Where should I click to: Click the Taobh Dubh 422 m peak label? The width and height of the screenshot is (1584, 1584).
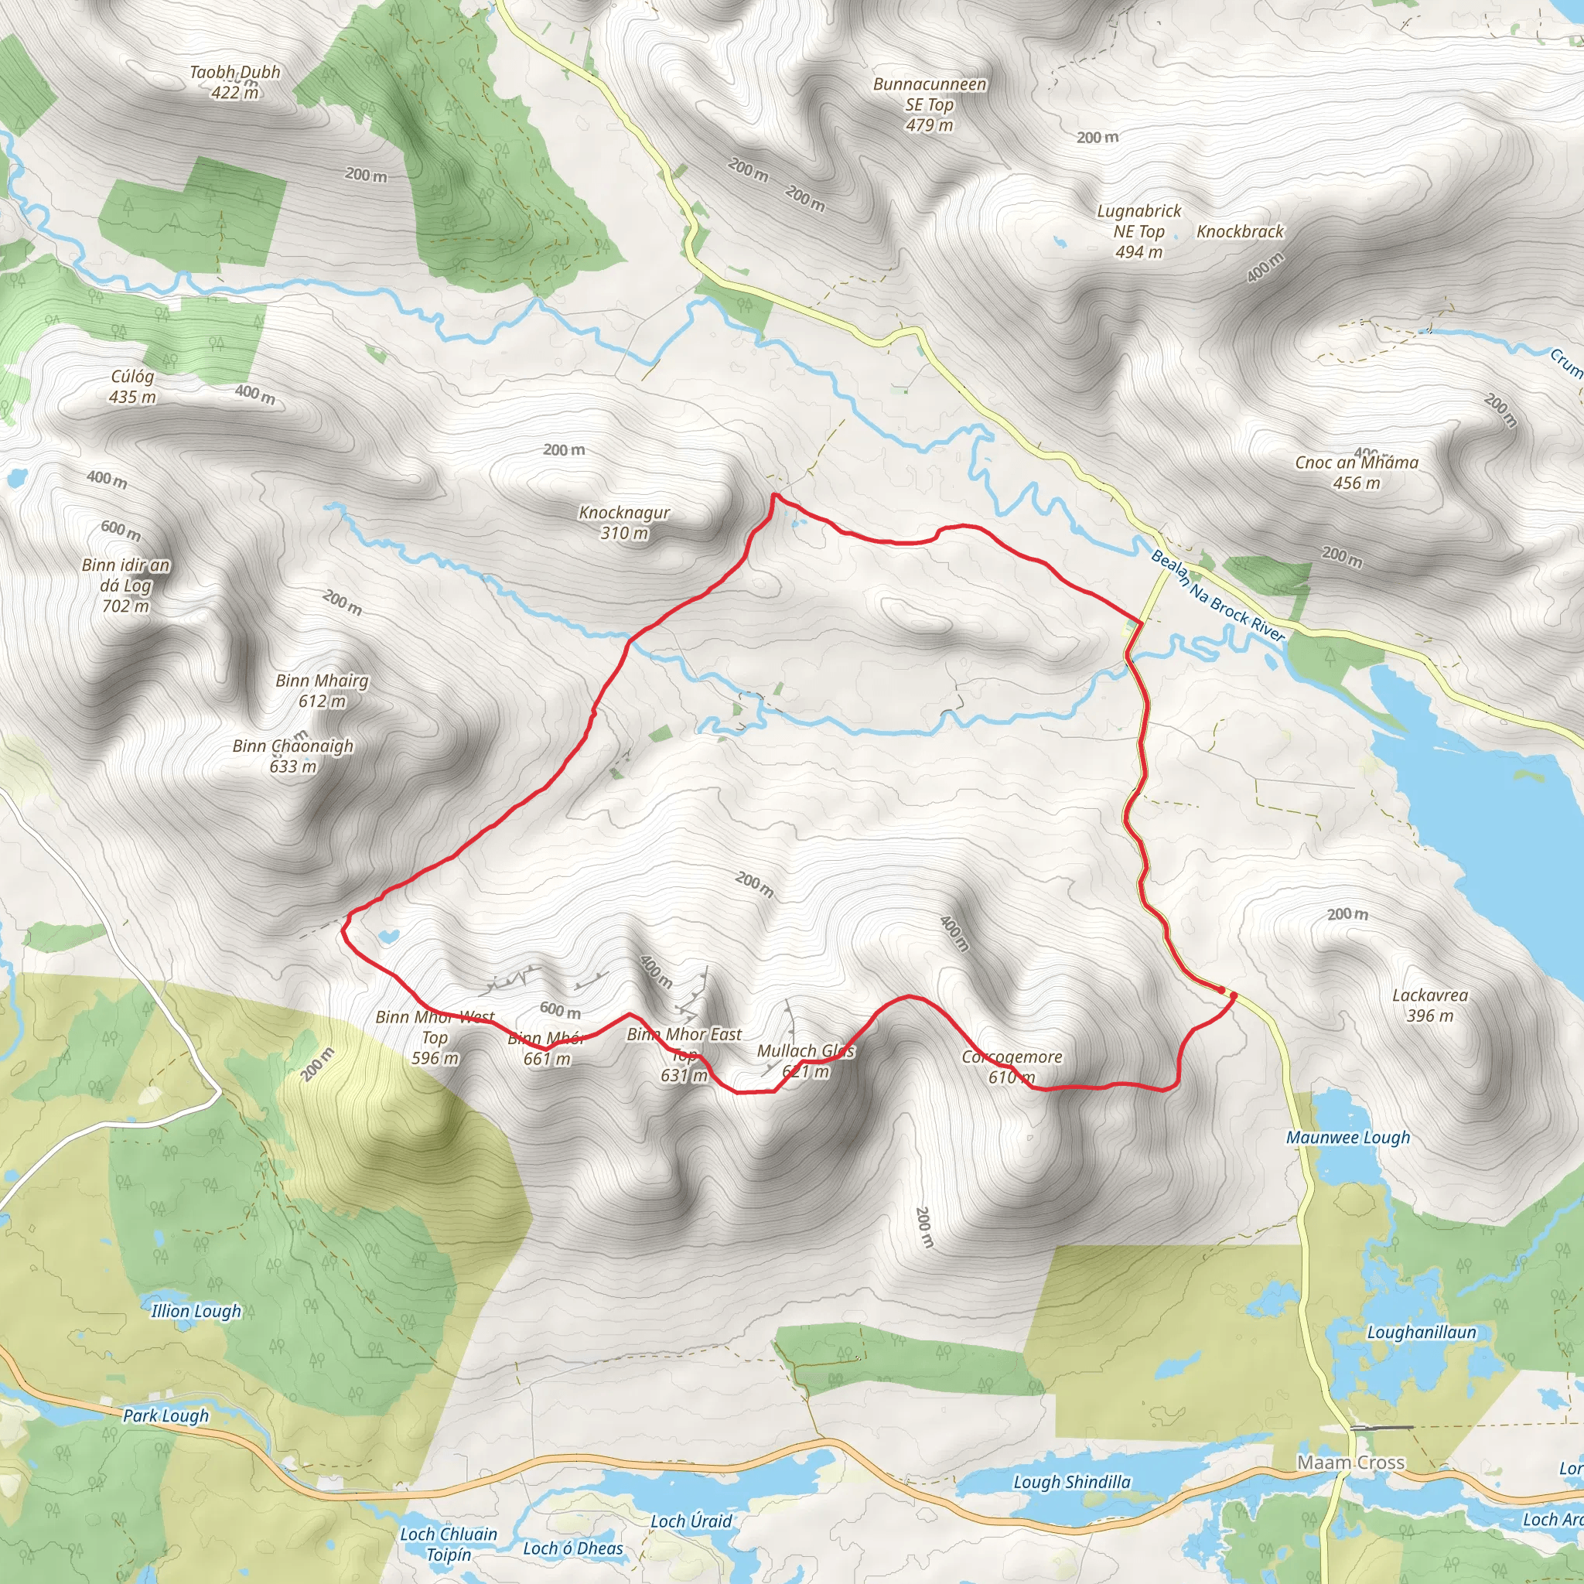[x=235, y=82]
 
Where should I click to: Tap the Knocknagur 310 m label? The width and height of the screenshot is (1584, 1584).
[x=625, y=523]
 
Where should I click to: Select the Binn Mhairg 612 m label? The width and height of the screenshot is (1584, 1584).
[x=323, y=691]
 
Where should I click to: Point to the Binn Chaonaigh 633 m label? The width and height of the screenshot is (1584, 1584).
[x=292, y=756]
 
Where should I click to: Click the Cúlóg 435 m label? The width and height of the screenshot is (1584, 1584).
[x=133, y=386]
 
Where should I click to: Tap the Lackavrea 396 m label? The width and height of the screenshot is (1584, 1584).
[x=1430, y=1005]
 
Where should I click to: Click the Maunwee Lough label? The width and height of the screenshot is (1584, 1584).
[x=1348, y=1137]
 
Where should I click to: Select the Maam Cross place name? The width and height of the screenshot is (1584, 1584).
[x=1351, y=1462]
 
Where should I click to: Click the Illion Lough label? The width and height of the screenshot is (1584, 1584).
[x=196, y=1310]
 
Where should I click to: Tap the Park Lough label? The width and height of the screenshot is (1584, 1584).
[x=166, y=1415]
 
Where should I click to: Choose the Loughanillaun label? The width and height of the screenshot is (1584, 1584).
[x=1422, y=1332]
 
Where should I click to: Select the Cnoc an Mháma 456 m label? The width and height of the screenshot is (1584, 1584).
[x=1356, y=473]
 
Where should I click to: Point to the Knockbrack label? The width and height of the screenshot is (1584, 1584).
[x=1240, y=231]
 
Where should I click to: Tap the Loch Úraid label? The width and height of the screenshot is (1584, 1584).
[x=691, y=1521]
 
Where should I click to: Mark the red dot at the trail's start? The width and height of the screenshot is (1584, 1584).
[x=1232, y=995]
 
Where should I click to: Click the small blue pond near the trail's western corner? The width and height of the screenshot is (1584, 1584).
[x=388, y=936]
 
